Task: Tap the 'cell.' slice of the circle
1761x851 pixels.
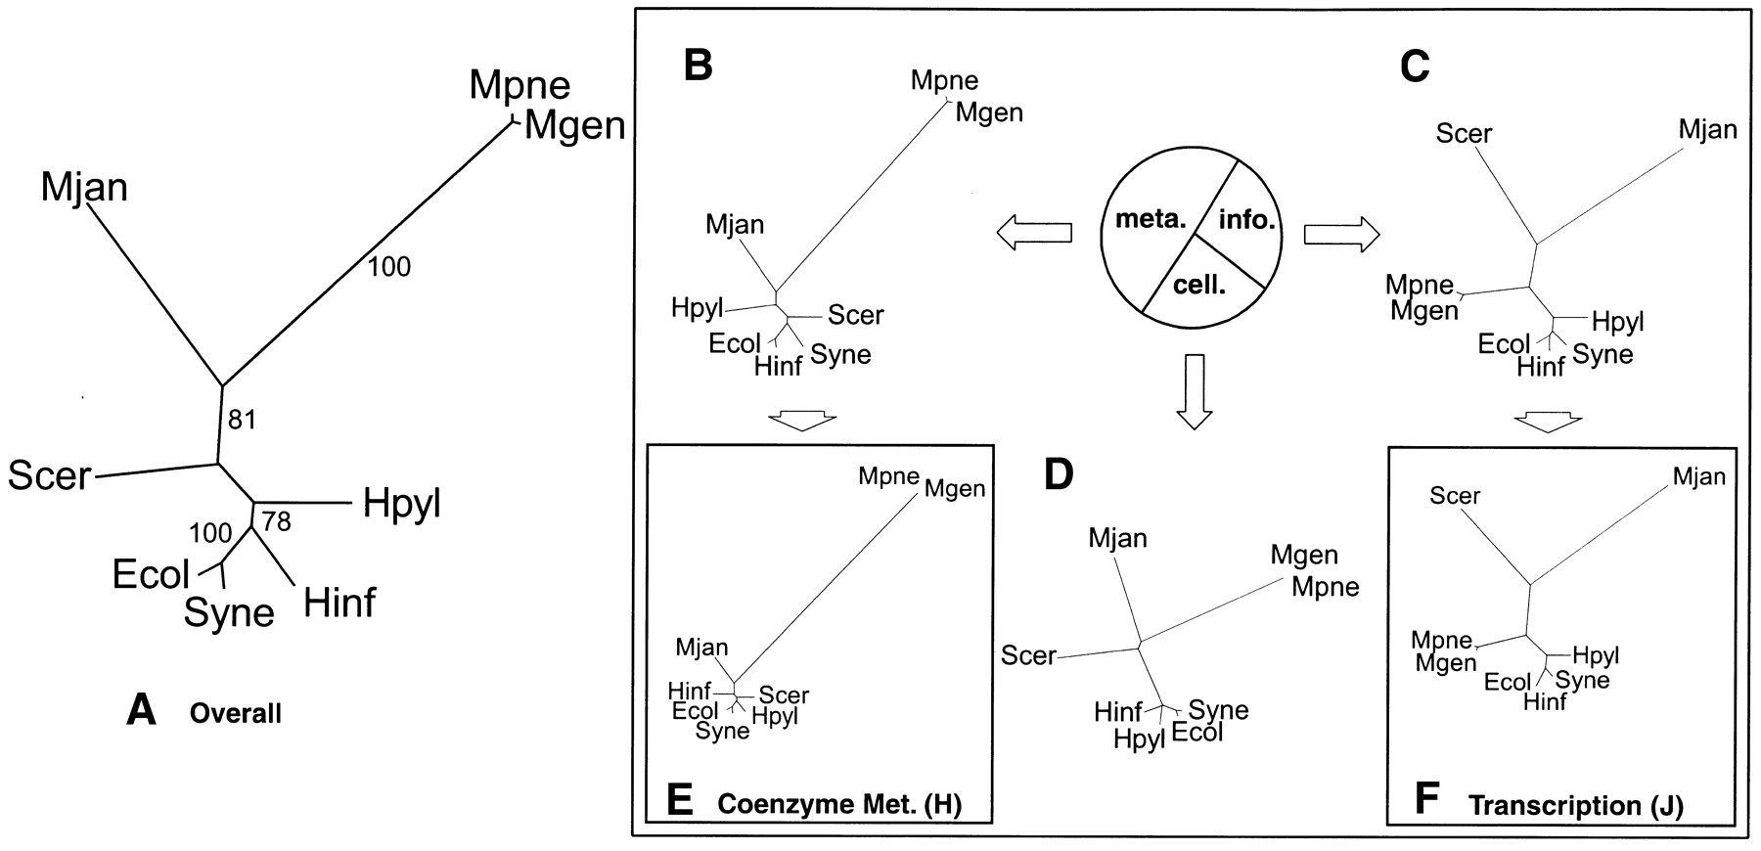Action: point(1199,284)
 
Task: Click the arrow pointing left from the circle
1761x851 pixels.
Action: point(1033,233)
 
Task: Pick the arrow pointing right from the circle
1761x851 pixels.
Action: point(1341,234)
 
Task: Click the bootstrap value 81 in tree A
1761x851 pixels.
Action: point(242,420)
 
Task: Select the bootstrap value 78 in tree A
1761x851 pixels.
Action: point(277,521)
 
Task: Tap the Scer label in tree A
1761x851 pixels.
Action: point(49,476)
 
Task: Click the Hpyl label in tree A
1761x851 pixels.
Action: point(401,503)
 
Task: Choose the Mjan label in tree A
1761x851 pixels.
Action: point(84,187)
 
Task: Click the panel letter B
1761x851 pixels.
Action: point(698,66)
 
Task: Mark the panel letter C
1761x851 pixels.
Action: point(1415,66)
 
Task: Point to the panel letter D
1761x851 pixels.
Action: point(1059,474)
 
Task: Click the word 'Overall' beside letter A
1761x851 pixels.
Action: point(235,713)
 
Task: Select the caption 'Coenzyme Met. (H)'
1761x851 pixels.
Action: point(839,805)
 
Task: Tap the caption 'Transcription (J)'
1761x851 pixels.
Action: point(1575,806)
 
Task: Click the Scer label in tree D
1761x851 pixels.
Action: point(1028,654)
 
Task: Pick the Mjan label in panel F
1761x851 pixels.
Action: point(1698,477)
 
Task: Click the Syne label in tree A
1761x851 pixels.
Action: point(229,613)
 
